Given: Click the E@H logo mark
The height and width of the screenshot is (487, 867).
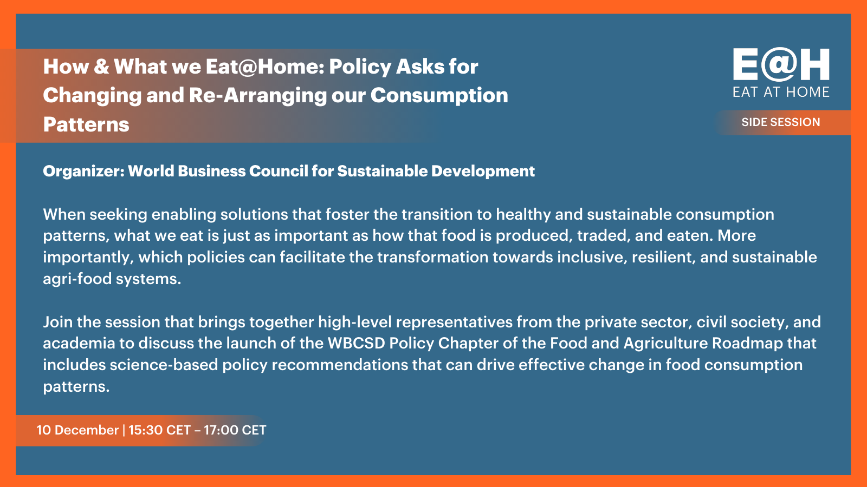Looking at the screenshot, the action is pos(781,64).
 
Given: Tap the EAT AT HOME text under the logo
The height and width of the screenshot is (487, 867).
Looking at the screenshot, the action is pos(781,93).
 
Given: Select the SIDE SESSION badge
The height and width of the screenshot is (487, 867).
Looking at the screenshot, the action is pos(781,122).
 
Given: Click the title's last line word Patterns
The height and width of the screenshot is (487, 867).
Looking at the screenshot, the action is pos(86,124).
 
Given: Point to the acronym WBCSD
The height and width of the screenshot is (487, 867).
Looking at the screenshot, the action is pos(356,343).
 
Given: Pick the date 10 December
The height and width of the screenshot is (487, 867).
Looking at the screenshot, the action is pos(77,430).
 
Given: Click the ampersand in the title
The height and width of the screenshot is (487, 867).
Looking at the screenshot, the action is pos(101,67).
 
